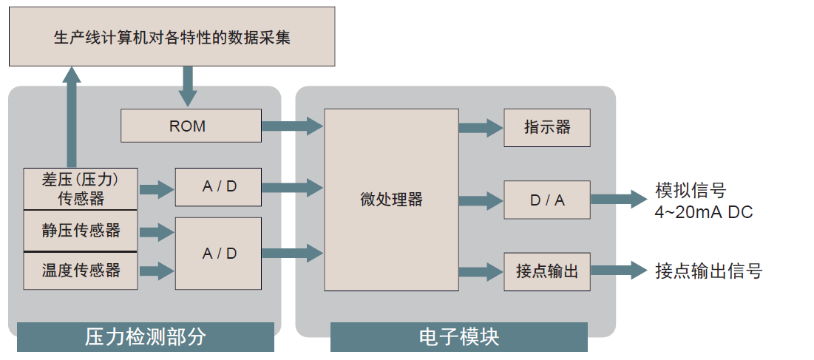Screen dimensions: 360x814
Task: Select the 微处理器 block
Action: (391, 200)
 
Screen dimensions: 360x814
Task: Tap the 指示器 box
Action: (547, 127)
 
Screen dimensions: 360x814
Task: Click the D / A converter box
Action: (547, 200)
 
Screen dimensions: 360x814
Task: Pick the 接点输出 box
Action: (547, 271)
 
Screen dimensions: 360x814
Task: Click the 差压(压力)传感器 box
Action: (81, 189)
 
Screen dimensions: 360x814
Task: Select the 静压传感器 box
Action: (81, 231)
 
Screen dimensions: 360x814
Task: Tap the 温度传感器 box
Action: (81, 271)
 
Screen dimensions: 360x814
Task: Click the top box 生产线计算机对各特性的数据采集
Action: (172, 37)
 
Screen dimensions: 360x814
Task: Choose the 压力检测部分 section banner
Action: (145, 337)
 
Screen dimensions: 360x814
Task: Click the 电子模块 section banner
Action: (458, 337)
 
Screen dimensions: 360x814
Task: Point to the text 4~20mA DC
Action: (703, 212)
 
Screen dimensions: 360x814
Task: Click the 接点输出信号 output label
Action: (708, 271)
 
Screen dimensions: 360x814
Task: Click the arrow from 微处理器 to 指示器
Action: (481, 127)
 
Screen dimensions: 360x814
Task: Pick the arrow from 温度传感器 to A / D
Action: (156, 271)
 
